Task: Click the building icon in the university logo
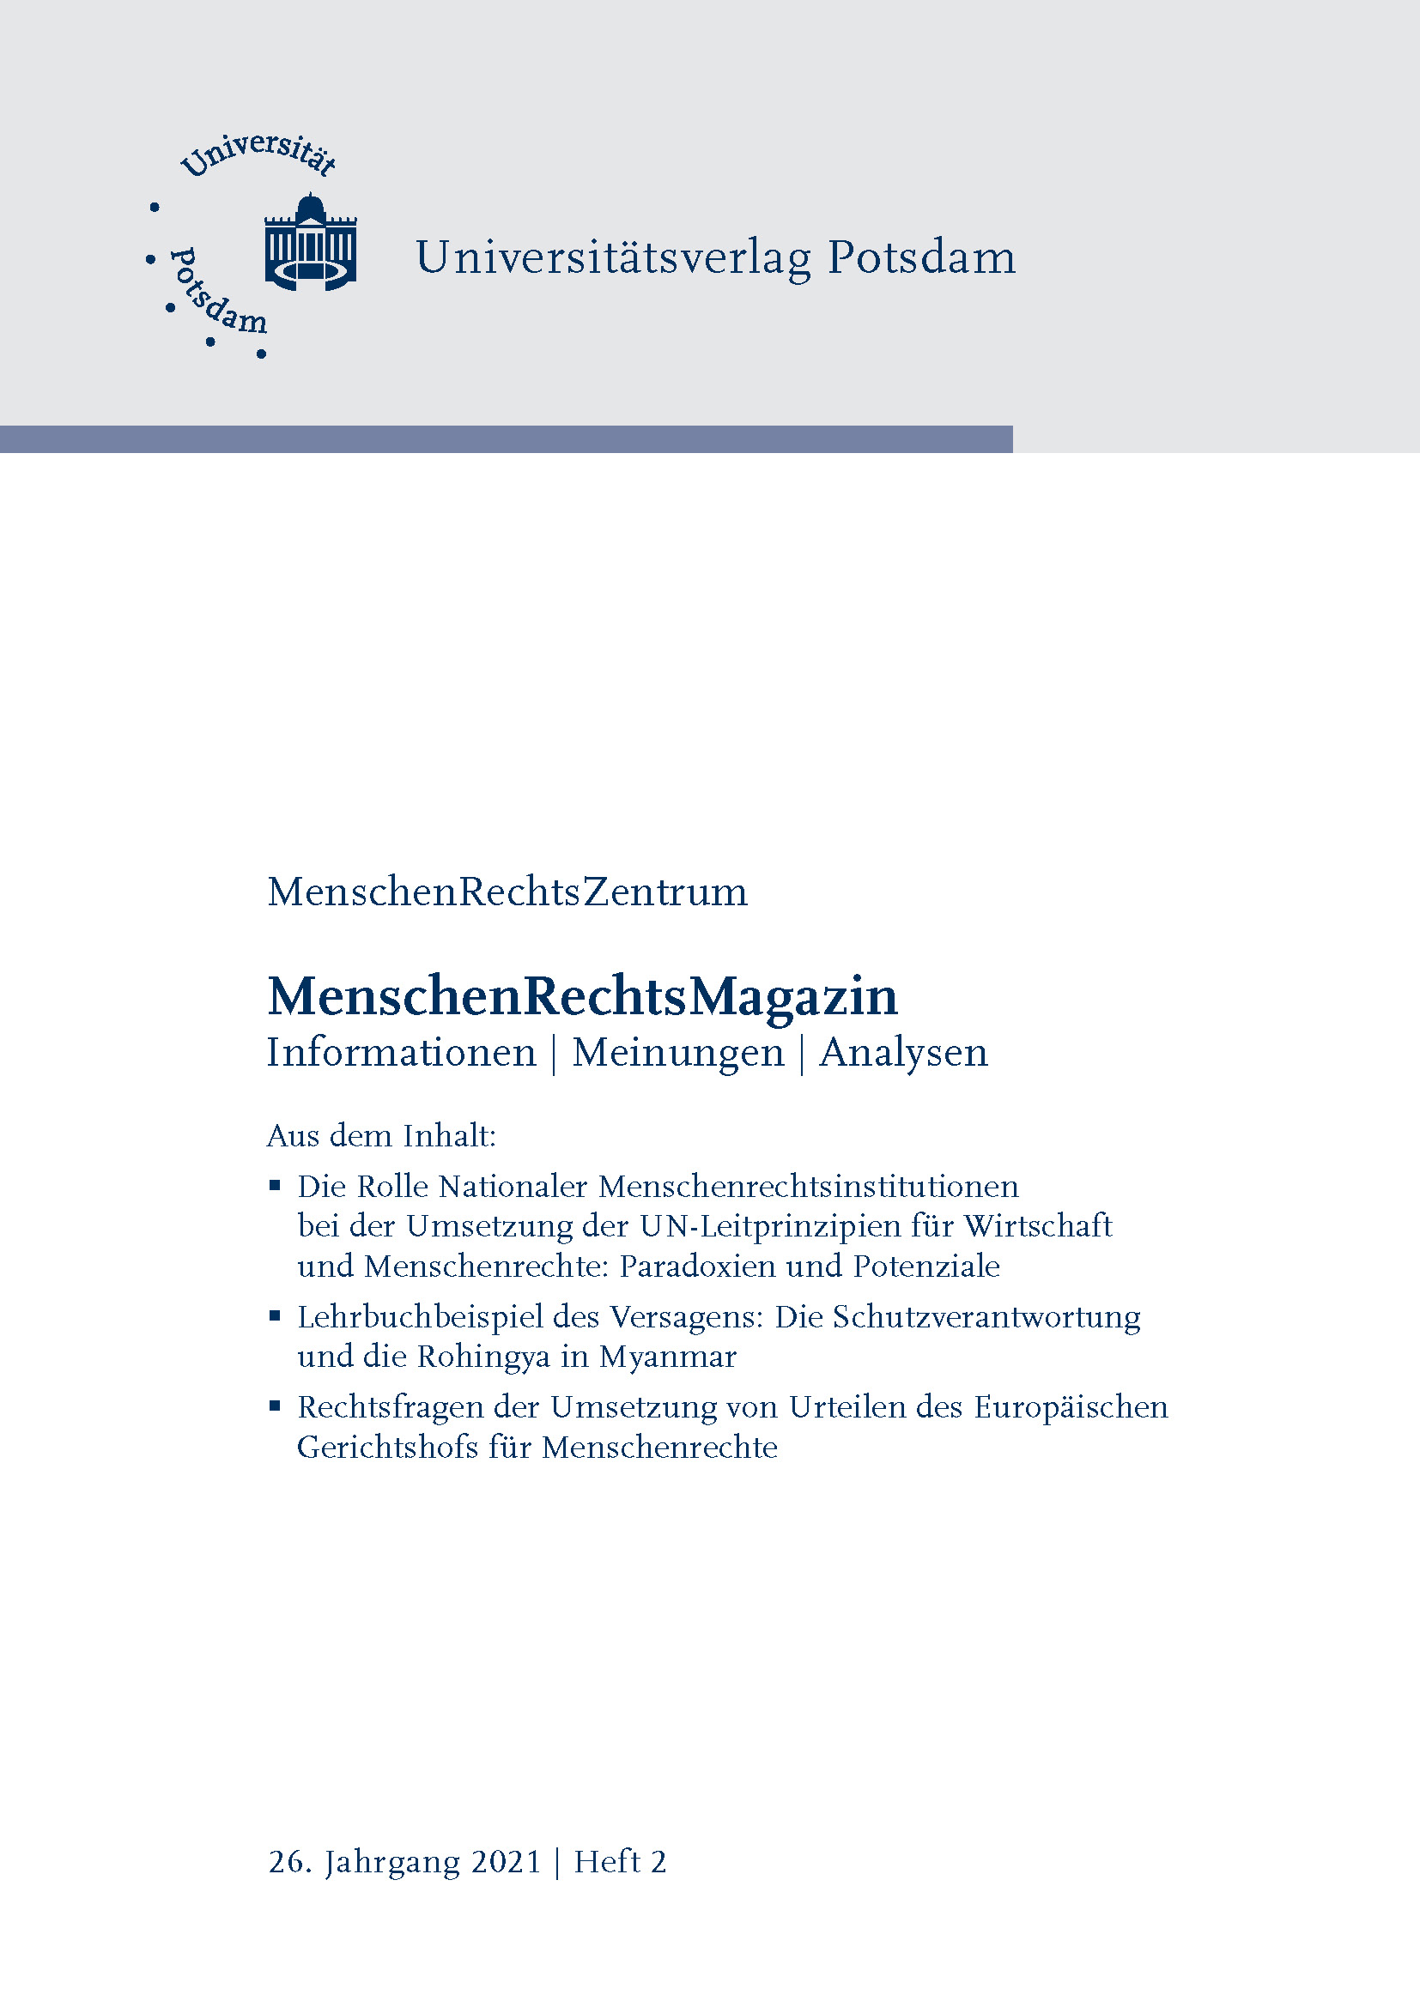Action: [311, 242]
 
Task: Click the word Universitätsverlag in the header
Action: [613, 258]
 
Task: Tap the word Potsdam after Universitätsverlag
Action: [921, 258]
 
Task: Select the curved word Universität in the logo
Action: [258, 154]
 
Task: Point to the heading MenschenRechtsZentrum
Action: [507, 892]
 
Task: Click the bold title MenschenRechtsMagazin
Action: [582, 996]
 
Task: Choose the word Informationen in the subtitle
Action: [401, 1052]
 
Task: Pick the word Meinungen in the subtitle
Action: [677, 1053]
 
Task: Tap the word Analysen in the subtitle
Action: [903, 1053]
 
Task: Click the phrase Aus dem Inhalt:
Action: [381, 1135]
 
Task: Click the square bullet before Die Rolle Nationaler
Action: [275, 1185]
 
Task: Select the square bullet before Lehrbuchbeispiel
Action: [275, 1315]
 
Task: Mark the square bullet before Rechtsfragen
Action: [275, 1406]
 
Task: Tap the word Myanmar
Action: [668, 1357]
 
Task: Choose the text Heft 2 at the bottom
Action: [620, 1862]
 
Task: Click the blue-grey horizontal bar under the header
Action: [507, 438]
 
